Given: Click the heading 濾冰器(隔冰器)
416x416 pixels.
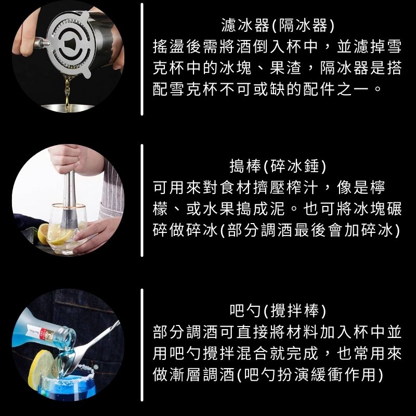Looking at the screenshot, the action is pos(278,25).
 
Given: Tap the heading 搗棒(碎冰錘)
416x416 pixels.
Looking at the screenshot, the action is pos(278,166).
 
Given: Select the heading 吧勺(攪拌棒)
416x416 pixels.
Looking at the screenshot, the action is pos(278,310).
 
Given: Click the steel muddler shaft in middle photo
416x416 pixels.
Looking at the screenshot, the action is pos(69,197).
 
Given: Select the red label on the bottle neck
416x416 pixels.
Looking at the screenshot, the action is pos(49,335).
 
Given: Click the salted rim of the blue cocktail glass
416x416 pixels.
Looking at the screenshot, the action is pos(68,373).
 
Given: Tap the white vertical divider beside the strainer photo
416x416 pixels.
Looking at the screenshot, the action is pos(142,59).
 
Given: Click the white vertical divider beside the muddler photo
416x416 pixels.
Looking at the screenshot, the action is pos(142,201).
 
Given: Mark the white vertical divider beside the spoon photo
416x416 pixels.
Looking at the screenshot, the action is pos(142,345).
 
